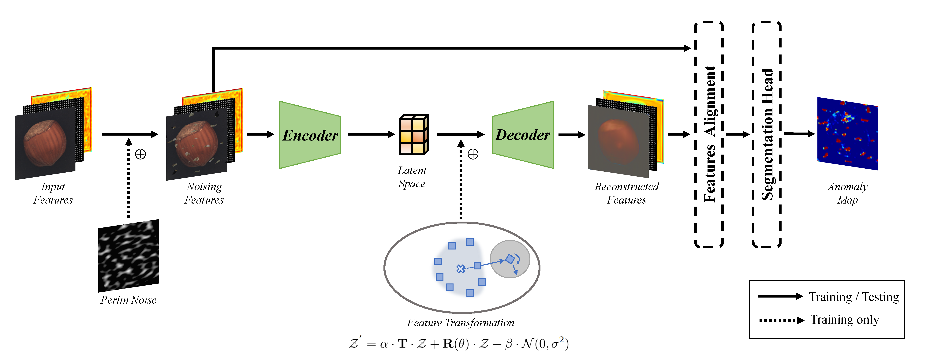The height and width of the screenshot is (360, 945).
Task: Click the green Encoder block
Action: coord(310,135)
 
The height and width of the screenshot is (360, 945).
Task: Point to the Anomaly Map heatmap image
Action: coord(847,134)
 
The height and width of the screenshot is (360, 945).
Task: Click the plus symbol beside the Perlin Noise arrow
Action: coord(140,154)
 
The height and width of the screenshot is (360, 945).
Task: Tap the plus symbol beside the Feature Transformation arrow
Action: coord(473,154)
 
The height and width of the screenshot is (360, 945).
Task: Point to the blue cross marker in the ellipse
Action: coord(460,269)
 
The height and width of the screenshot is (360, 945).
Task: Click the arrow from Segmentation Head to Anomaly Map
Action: coord(799,134)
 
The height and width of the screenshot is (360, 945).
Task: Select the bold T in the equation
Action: coord(402,344)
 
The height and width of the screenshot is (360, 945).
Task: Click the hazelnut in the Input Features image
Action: coord(45,142)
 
